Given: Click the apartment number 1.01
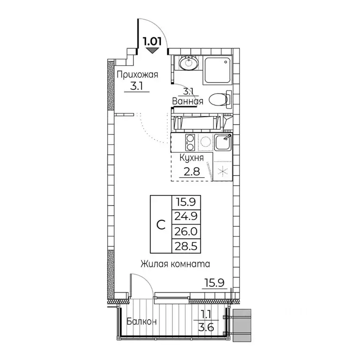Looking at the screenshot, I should [x=153, y=40].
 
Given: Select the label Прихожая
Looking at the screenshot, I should [x=137, y=74].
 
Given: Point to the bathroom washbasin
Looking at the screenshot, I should [x=190, y=62].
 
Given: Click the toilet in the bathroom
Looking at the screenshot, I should [x=218, y=99].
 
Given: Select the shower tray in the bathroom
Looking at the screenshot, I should [x=218, y=70].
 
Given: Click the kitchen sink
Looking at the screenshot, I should [x=222, y=141].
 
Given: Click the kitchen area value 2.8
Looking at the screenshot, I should [x=192, y=172].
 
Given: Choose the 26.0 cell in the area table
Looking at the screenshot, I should [x=186, y=232].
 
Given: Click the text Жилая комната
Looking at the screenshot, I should [x=174, y=264].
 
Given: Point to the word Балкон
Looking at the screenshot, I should [x=142, y=322].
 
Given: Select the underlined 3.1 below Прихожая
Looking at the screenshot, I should [x=137, y=86].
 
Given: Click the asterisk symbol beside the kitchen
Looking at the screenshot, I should [x=222, y=170].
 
